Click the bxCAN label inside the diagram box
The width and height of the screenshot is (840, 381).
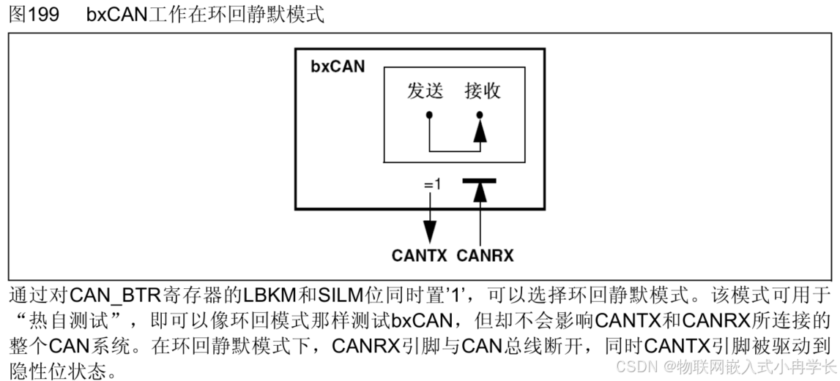click(x=338, y=67)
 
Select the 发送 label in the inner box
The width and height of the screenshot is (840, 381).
click(x=425, y=91)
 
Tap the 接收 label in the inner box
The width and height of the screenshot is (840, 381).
click(x=483, y=91)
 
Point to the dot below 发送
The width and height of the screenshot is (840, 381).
click(x=429, y=115)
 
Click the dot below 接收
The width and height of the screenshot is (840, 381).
click(x=480, y=115)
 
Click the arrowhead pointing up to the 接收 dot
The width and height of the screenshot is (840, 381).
click(x=480, y=132)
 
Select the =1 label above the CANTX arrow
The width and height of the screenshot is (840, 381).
click(x=433, y=184)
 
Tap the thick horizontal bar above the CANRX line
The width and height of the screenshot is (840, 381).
click(x=479, y=179)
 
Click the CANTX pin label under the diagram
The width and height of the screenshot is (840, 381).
click(x=420, y=256)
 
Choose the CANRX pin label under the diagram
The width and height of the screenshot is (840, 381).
click(x=485, y=256)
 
